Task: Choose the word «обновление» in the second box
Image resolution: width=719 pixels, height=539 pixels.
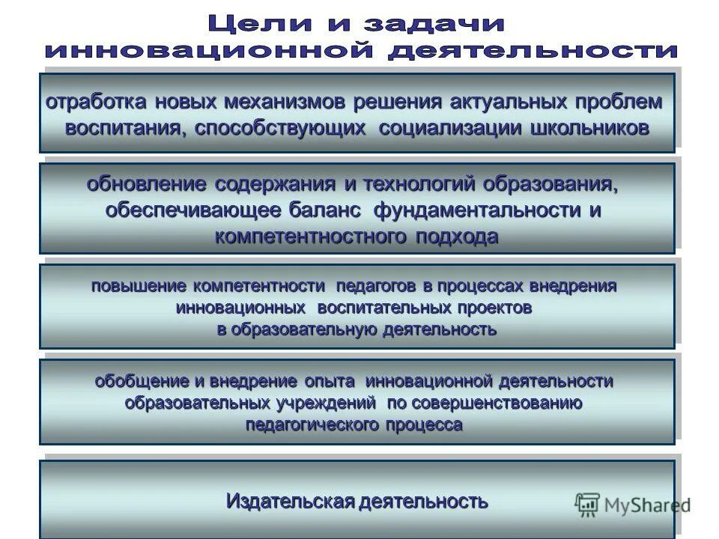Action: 146,184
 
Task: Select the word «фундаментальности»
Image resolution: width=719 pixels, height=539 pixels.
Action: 470,211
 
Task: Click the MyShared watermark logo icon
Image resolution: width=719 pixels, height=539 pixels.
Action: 588,505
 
